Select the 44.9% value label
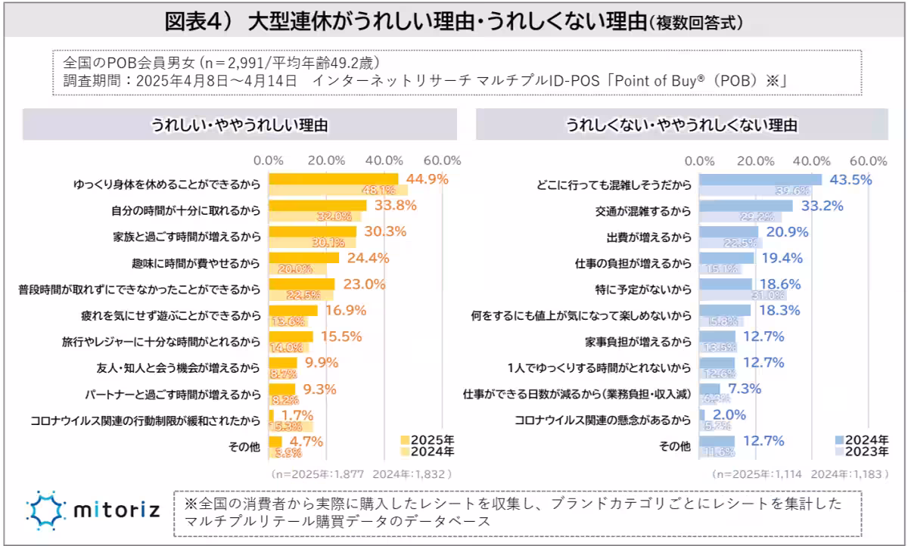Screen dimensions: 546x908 [428, 179]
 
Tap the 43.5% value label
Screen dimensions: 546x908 [850, 180]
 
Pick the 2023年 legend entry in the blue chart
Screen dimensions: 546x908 [862, 451]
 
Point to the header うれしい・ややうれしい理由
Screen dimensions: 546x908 [240, 126]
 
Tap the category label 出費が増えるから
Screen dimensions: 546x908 [649, 237]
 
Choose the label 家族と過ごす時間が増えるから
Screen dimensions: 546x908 [186, 237]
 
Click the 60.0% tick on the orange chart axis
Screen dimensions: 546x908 [442, 160]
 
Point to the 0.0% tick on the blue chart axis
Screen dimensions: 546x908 [699, 160]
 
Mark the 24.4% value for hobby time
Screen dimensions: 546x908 [368, 258]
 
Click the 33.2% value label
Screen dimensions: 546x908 [822, 206]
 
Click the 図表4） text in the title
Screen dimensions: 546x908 [198, 22]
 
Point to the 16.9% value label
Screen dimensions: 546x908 [345, 310]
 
